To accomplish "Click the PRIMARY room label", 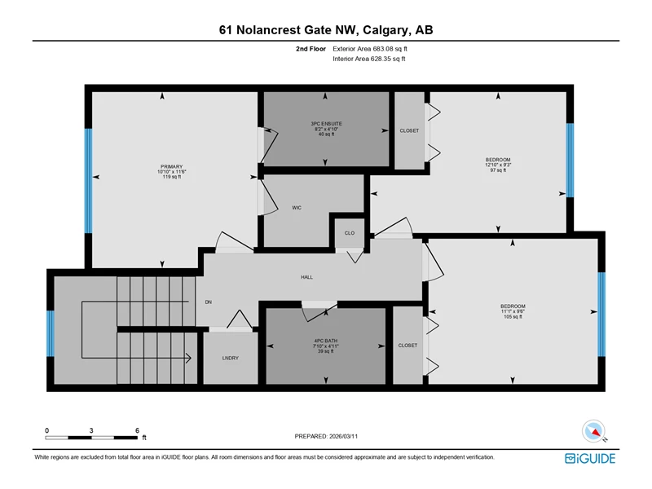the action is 172,166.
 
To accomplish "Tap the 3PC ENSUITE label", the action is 327,124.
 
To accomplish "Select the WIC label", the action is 297,208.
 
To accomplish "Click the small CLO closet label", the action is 350,233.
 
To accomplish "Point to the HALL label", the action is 307,277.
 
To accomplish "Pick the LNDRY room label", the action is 231,358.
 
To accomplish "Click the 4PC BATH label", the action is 325,341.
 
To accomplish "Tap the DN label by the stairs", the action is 209,302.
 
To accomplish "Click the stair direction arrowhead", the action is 188,358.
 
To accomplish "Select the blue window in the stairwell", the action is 51,333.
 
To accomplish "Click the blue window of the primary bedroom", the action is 89,181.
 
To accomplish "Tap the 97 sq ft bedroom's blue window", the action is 570,160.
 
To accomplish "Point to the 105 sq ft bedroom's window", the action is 601,315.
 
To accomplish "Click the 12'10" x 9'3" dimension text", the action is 498,165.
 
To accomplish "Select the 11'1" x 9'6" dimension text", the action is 513,311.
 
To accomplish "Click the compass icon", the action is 593,431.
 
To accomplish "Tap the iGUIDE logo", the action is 590,458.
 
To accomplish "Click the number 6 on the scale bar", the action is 137,430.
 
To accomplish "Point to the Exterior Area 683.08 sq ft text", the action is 370,49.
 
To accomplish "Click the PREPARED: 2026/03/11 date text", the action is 326,436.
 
